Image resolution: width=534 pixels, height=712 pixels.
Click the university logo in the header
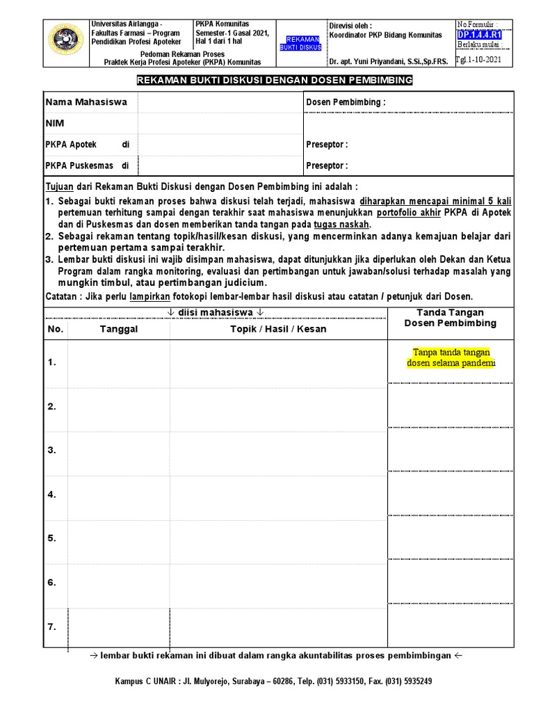66,40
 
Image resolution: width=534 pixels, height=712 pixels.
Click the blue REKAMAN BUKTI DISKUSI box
300,43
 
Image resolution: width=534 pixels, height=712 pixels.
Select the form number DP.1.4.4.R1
479,35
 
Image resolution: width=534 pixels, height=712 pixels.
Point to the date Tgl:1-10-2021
479,60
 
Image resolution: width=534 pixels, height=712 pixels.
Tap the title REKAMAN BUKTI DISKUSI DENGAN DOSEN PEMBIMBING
274,81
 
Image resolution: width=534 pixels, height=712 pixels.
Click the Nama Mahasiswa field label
86,102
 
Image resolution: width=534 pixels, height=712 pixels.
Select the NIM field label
55,123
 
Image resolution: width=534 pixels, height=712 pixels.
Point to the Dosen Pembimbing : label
346,102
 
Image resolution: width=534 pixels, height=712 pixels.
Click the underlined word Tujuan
59,187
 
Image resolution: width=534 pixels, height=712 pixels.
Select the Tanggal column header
118,329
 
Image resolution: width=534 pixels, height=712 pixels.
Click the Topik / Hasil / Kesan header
278,329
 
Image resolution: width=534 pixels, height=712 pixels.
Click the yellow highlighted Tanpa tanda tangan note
451,358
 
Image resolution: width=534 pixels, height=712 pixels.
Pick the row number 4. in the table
52,494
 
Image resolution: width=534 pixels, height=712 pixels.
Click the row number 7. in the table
52,626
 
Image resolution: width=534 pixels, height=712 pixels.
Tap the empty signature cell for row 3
451,449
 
